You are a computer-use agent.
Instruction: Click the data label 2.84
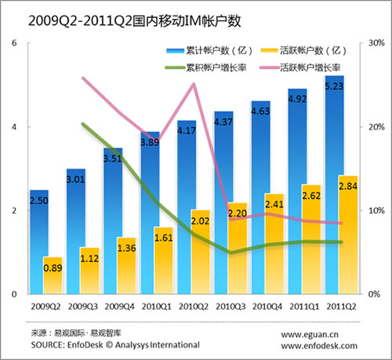point(348,186)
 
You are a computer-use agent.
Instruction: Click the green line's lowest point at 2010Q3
point(230,253)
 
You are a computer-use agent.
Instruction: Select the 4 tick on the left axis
point(14,126)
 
